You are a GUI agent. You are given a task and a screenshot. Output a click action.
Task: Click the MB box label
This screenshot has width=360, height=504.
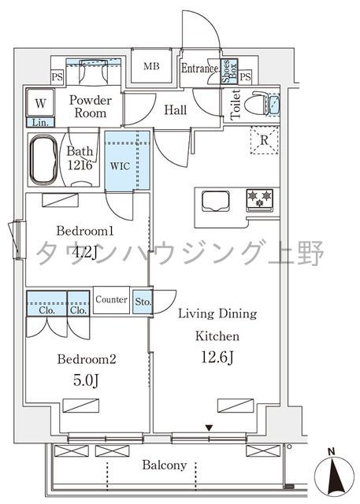(x=151, y=66)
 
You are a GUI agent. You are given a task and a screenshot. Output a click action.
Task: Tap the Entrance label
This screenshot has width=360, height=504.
(x=199, y=69)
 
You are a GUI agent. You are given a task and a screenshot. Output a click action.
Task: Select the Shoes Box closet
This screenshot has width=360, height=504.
(x=228, y=72)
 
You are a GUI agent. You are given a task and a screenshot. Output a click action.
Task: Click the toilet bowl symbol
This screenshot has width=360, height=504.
(x=256, y=106)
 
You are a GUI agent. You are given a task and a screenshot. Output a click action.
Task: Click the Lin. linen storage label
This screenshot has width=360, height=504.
(x=39, y=122)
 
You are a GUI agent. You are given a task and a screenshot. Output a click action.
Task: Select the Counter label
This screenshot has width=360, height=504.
(x=111, y=300)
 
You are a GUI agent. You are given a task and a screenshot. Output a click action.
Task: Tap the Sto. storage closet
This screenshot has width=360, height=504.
(x=142, y=302)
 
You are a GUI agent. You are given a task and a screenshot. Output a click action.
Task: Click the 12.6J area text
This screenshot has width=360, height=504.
(x=217, y=357)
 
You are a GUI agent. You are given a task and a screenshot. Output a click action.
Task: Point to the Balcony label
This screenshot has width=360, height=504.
(x=164, y=465)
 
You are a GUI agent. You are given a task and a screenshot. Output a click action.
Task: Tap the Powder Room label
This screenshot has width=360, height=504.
(x=91, y=107)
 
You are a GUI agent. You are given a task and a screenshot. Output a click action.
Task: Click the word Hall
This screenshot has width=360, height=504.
(x=175, y=110)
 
